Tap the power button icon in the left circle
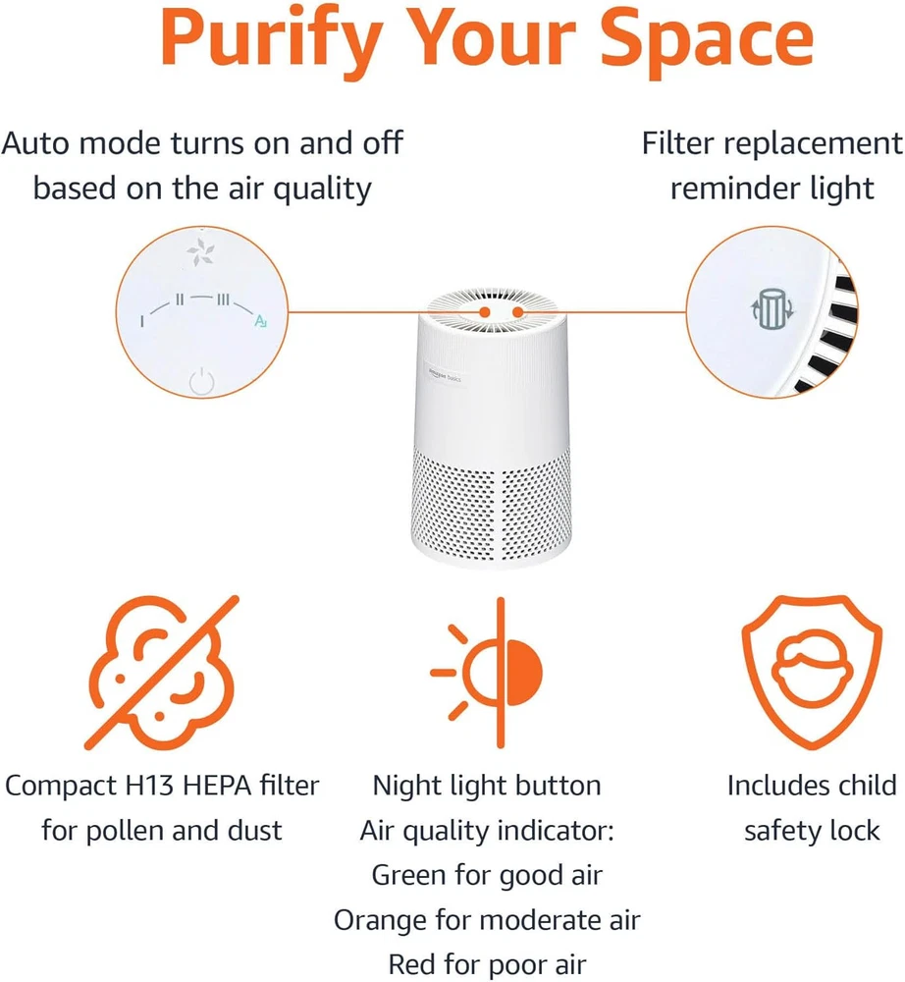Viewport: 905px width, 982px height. point(201,381)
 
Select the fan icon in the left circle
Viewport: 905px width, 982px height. point(201,252)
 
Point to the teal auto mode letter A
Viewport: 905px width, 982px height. point(260,321)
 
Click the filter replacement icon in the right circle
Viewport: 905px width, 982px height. point(772,308)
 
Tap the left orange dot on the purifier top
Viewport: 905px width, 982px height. point(485,312)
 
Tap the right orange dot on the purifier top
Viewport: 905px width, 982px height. point(517,312)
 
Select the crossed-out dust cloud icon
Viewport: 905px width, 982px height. point(162,673)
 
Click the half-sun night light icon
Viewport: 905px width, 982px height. point(487,673)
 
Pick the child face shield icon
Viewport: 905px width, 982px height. point(812,672)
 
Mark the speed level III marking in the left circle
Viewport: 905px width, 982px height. point(224,300)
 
